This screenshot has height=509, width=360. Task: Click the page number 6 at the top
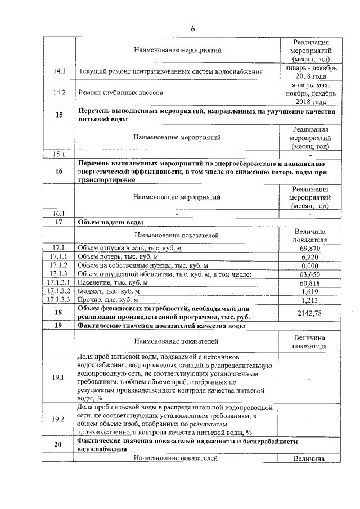coord(192,29)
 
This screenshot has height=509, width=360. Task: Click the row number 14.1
coord(59,71)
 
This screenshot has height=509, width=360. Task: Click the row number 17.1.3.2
coord(58,291)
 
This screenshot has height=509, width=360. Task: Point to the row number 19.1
coord(59,377)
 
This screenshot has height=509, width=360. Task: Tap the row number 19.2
coord(59,419)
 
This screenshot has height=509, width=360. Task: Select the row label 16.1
coord(59,213)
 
